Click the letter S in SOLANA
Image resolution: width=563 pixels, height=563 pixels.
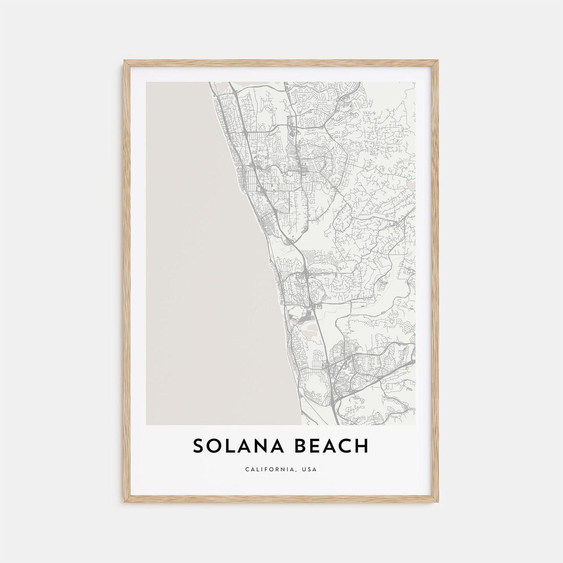point(199,446)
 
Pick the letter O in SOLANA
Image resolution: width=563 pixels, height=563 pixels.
point(214,446)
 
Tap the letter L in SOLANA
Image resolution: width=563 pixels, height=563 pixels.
point(229,446)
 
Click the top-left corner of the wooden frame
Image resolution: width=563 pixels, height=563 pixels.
point(125,62)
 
